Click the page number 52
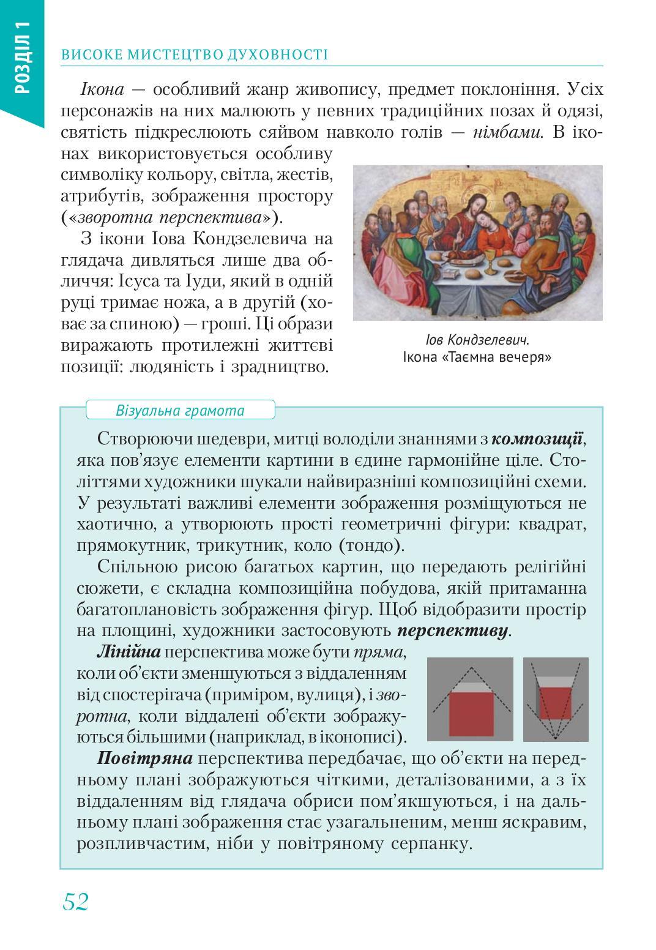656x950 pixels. (75, 901)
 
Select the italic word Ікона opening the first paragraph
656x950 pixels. (102, 90)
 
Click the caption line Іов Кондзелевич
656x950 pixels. (477, 340)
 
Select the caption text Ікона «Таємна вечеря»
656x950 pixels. (477, 357)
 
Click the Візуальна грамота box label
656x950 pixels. (180, 410)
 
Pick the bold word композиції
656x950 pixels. (537, 439)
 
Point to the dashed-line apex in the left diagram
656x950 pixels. (469, 665)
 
